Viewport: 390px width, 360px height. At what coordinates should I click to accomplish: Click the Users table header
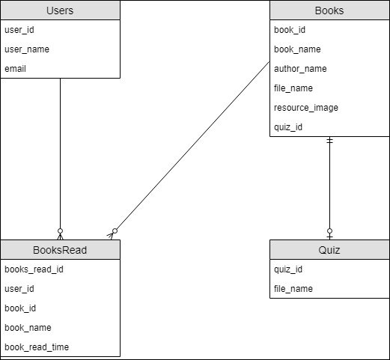click(60, 11)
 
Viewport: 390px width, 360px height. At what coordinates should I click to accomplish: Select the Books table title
click(329, 11)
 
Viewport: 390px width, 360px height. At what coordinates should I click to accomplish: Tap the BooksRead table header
click(60, 250)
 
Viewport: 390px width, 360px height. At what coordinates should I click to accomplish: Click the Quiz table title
click(329, 250)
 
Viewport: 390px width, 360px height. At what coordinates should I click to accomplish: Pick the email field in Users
click(16, 69)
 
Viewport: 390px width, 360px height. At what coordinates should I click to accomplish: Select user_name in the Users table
click(26, 49)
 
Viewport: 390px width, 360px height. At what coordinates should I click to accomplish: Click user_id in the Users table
click(19, 30)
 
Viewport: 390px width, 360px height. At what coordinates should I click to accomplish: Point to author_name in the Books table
click(300, 69)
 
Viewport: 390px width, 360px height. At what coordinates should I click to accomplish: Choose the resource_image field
click(306, 108)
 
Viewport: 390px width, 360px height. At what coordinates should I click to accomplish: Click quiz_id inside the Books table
click(288, 127)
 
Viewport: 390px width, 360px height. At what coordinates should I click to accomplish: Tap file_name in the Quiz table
click(292, 289)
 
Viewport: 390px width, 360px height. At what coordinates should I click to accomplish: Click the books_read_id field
click(34, 269)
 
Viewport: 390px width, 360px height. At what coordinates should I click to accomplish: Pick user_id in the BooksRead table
click(19, 289)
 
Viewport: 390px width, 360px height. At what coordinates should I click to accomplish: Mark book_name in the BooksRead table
click(27, 328)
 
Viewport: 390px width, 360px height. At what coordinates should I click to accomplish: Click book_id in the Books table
click(290, 30)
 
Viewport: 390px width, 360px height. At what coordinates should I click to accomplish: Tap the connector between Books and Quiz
click(329, 187)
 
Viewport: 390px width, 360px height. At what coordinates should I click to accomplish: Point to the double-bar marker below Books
click(329, 141)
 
